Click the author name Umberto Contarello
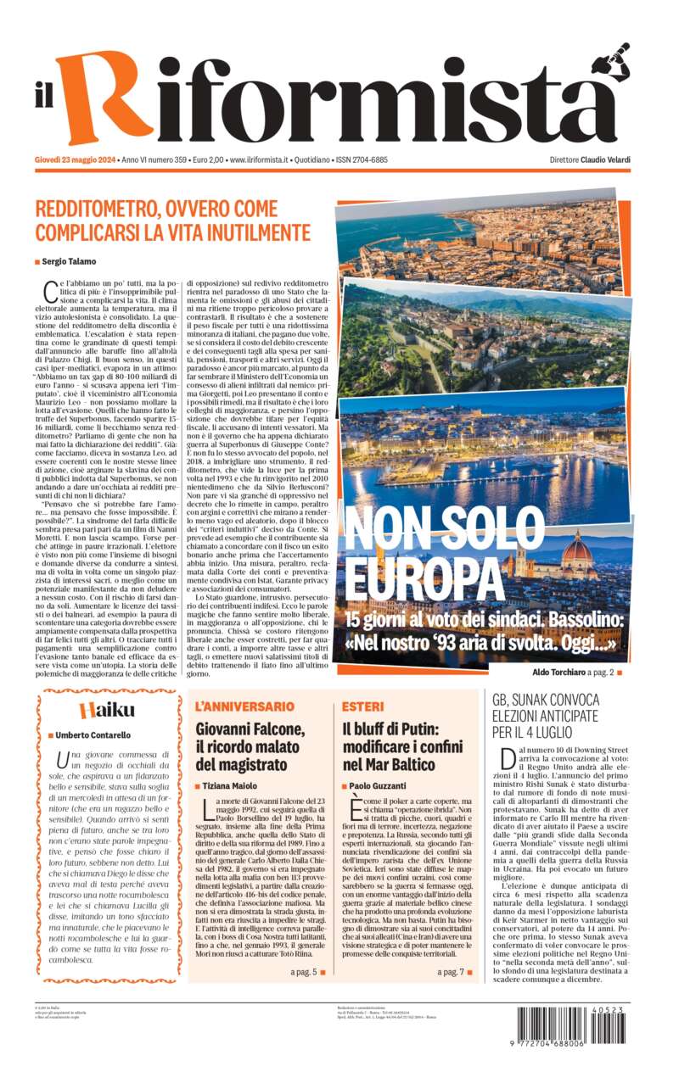point(93,735)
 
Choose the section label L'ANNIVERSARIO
point(244,706)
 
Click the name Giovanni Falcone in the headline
point(250,729)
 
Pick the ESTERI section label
point(362,706)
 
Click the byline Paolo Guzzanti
point(382,786)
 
